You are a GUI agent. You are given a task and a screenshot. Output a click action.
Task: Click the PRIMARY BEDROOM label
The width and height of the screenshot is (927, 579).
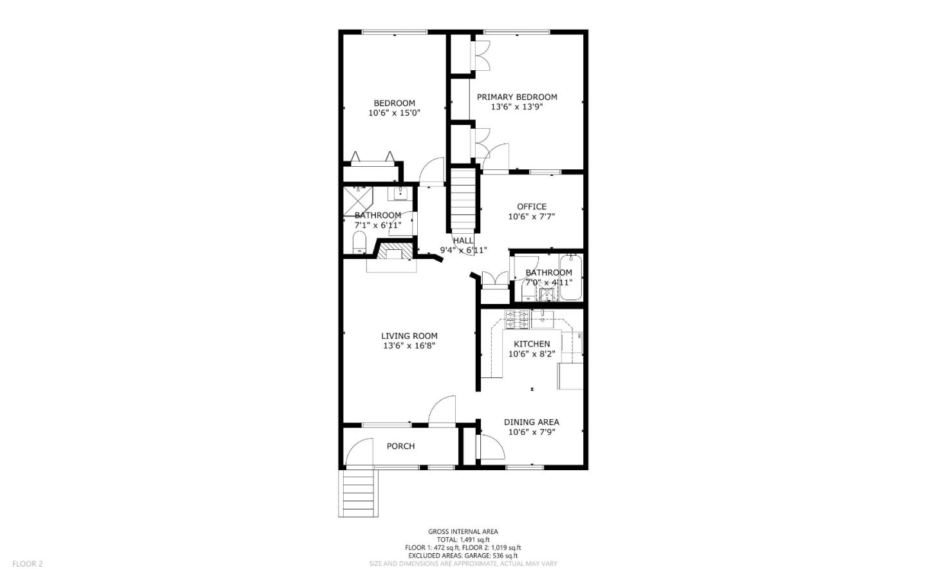click(x=517, y=97)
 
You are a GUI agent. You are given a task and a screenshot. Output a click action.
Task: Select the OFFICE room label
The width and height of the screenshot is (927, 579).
click(x=531, y=207)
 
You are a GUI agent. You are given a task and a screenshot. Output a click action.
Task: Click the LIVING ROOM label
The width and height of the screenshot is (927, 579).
click(x=409, y=336)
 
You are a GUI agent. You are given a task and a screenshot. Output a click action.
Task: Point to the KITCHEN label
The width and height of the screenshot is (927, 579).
click(x=531, y=344)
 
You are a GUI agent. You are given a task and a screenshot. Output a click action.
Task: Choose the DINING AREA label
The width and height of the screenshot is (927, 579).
click(x=531, y=422)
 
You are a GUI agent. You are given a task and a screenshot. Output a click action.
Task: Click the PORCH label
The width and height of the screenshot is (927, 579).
click(x=400, y=446)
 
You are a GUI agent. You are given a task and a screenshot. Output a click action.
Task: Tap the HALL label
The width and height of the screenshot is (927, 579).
click(x=463, y=240)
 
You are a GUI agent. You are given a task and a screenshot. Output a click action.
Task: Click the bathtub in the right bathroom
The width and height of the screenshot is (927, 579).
click(x=570, y=278)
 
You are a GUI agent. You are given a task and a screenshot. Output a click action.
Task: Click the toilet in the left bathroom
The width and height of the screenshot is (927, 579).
click(x=359, y=243)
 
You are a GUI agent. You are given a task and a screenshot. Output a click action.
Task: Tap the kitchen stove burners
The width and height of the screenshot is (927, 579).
click(x=516, y=318)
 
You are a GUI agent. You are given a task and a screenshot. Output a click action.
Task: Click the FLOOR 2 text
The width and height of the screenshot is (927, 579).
click(x=27, y=564)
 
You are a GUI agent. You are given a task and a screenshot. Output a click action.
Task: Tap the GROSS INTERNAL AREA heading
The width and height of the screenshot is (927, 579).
click(x=462, y=532)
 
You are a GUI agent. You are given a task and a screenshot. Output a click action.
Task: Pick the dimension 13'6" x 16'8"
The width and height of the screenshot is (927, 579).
click(x=409, y=346)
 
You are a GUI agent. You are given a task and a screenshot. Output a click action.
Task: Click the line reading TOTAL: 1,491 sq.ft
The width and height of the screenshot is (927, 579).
click(x=463, y=540)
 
